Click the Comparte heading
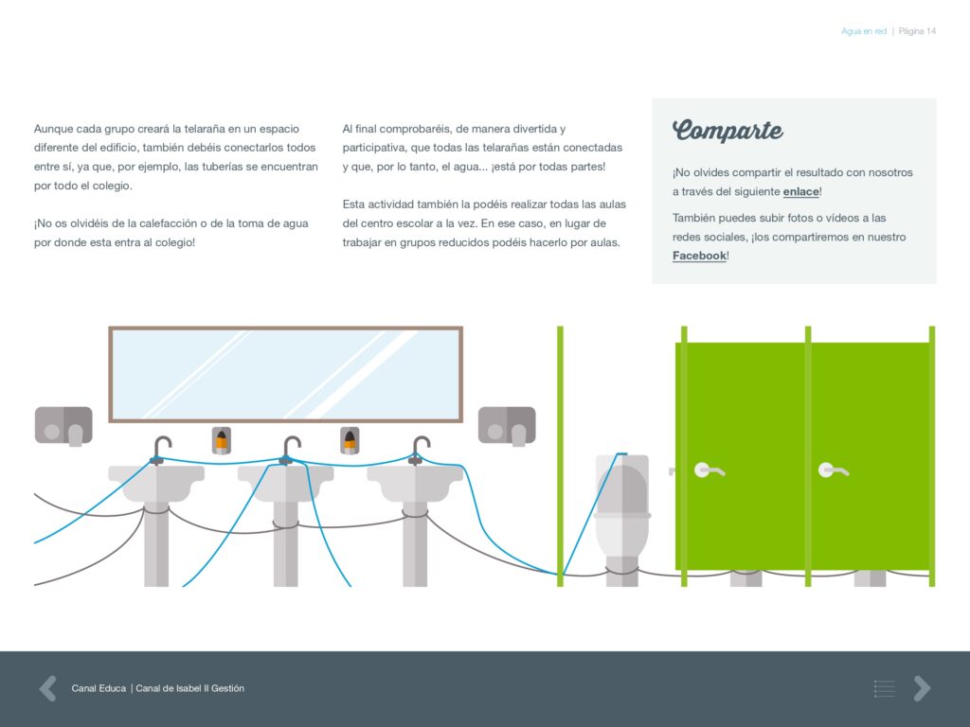727,131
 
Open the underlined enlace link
801,191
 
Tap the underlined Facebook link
699,256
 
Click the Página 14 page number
917,31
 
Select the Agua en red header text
864,31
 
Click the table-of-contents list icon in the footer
885,688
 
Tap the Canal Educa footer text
99,688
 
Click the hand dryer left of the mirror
63,426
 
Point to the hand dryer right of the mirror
507,425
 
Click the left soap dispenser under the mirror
222,440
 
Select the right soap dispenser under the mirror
350,440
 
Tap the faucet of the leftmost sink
161,450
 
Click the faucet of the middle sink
291,450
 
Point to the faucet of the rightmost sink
420,450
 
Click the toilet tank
622,484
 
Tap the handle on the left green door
709,471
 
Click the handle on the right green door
833,471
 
